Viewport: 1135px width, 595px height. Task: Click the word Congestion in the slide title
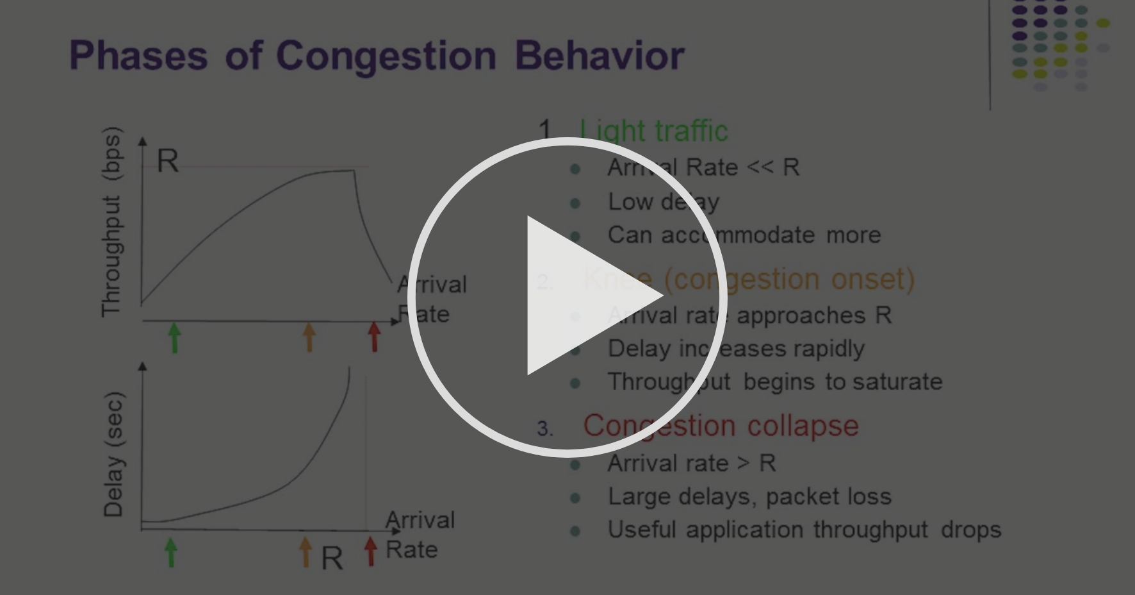[x=386, y=55]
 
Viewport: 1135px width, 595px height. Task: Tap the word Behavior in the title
[x=600, y=55]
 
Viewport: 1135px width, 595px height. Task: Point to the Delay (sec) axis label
[x=113, y=454]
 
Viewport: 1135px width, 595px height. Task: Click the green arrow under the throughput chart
[x=174, y=337]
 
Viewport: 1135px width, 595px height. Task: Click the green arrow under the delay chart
[x=170, y=552]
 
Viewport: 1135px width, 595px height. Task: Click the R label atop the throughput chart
[x=168, y=161]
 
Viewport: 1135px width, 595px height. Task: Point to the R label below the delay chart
[x=332, y=558]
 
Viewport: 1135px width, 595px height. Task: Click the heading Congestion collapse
[x=721, y=426]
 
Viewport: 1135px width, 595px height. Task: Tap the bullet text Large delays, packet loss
[x=749, y=496]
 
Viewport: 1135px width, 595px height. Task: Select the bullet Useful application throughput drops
[x=804, y=530]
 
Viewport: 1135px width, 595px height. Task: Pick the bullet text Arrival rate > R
[x=691, y=463]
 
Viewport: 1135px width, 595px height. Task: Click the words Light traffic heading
[x=654, y=131]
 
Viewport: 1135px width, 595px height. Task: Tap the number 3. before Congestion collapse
[x=544, y=428]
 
